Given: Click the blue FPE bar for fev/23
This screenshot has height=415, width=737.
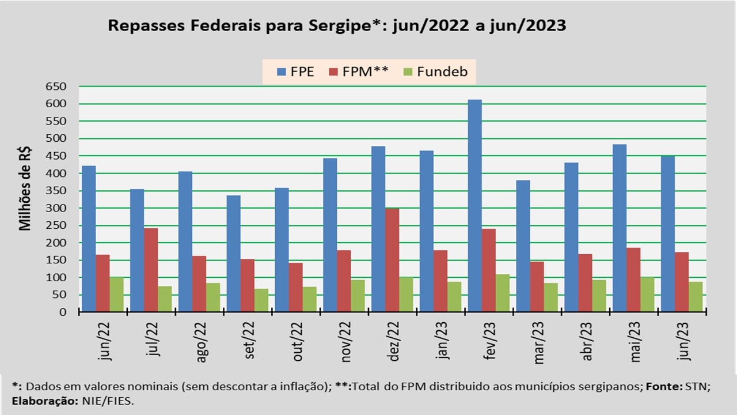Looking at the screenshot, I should click(x=474, y=206).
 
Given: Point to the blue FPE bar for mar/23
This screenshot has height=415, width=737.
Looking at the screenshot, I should click(x=523, y=246).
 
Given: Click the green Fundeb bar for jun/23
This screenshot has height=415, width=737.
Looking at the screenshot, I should click(x=695, y=297).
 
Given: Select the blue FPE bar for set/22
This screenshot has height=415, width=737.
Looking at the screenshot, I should click(x=233, y=254).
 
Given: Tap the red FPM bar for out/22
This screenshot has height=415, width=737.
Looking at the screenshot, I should click(x=295, y=287).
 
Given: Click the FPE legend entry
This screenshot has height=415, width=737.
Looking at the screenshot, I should click(x=296, y=72).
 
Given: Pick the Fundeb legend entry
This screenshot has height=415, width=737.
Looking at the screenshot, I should click(x=435, y=72).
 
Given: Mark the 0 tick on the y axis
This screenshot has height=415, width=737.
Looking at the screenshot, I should click(x=64, y=312).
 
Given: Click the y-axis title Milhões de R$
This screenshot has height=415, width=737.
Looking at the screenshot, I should click(x=25, y=188).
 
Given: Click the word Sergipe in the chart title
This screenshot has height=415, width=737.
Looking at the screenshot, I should click(x=336, y=26).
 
